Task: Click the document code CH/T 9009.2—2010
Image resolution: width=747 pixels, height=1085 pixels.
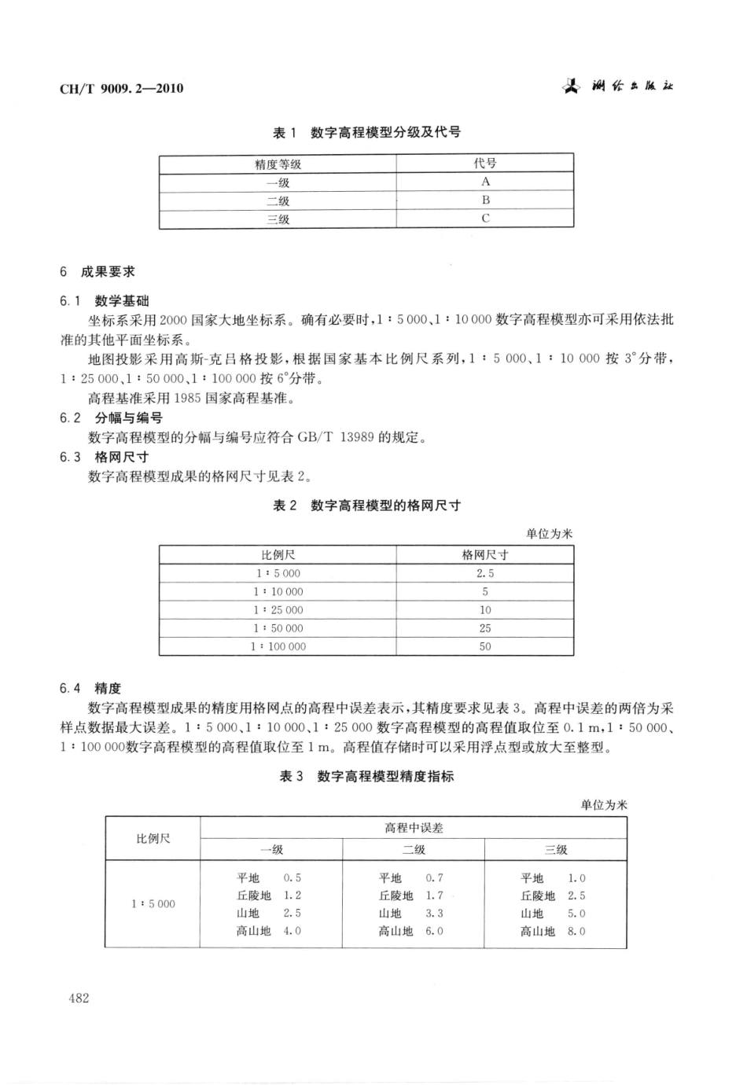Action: click(121, 88)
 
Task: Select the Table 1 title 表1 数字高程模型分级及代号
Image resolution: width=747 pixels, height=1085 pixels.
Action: click(366, 132)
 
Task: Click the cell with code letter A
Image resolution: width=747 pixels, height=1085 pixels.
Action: click(485, 182)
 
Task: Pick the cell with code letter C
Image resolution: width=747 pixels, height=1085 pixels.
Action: click(485, 219)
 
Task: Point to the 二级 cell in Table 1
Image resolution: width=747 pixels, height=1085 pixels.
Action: click(278, 200)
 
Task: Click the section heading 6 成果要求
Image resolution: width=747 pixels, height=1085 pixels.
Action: click(98, 271)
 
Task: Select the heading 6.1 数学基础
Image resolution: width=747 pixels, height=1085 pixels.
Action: click(105, 300)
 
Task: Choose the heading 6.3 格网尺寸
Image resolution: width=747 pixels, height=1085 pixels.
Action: click(105, 457)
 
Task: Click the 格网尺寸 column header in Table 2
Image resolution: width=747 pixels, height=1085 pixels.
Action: click(484, 554)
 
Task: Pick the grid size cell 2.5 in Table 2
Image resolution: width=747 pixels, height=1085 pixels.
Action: click(484, 573)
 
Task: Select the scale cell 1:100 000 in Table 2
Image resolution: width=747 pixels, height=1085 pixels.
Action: click(278, 646)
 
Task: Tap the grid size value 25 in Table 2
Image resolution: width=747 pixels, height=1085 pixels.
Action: click(484, 628)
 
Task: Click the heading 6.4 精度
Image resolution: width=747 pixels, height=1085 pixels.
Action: click(90, 688)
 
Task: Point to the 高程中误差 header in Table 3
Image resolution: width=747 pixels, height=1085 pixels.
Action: click(414, 828)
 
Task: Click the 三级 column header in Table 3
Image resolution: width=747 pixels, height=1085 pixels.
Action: click(555, 850)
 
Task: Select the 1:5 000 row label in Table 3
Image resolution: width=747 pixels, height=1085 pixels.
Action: click(153, 904)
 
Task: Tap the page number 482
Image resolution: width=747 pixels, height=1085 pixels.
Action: click(79, 998)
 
